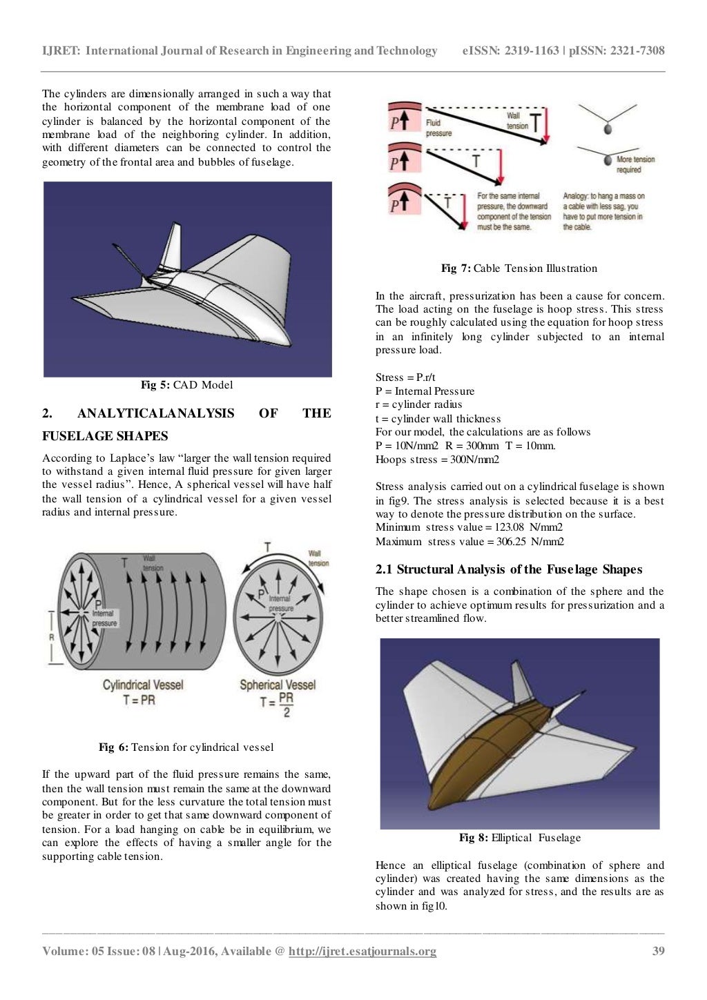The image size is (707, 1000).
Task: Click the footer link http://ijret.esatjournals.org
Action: coord(362,951)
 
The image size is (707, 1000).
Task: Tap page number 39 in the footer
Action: coord(658,951)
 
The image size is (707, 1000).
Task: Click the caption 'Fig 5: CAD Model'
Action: coord(186,385)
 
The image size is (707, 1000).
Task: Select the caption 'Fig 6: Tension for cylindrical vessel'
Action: coord(186,747)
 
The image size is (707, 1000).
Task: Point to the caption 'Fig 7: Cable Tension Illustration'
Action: coord(519,268)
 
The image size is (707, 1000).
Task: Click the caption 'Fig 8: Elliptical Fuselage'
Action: coord(519,838)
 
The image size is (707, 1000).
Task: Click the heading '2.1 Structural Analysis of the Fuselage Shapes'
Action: coord(508,569)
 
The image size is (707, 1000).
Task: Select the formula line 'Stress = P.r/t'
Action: coord(405,378)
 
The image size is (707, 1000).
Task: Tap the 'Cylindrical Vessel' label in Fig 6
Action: coord(143,685)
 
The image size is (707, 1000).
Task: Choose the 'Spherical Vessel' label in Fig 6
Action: coord(277,685)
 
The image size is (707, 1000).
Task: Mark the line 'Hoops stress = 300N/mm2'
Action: coord(437,460)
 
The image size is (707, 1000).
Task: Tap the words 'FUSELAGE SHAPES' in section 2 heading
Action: coord(105,436)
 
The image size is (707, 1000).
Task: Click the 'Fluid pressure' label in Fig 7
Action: coord(438,128)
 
